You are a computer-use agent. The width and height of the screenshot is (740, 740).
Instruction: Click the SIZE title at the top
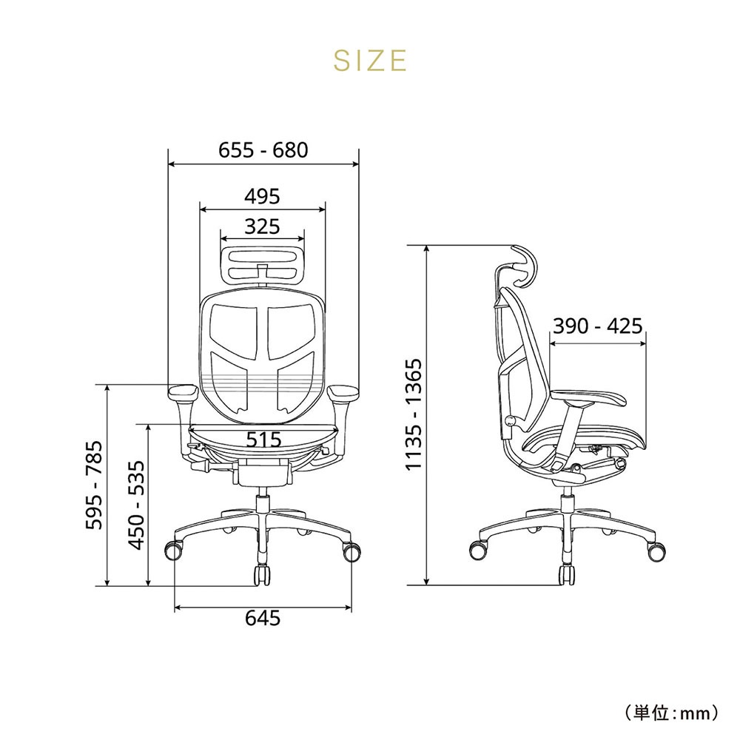click(x=369, y=61)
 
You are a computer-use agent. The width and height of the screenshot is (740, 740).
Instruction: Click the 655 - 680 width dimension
click(x=263, y=150)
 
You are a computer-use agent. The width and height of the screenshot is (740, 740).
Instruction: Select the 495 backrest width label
click(x=263, y=196)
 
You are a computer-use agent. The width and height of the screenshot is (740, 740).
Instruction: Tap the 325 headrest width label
click(x=263, y=226)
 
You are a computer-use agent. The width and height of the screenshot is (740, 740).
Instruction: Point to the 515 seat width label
click(x=264, y=440)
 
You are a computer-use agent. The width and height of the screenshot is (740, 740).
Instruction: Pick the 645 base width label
click(x=263, y=618)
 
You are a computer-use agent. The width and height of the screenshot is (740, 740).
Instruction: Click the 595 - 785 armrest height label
click(x=94, y=485)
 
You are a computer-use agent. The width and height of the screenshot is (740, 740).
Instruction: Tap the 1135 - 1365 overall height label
click(x=414, y=414)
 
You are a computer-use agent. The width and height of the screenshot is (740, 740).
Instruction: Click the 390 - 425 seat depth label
click(x=598, y=326)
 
